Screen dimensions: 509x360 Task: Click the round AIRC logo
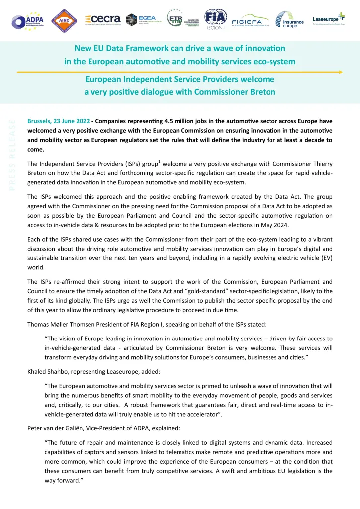click(63, 20)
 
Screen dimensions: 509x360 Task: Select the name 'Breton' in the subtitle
click(259, 92)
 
